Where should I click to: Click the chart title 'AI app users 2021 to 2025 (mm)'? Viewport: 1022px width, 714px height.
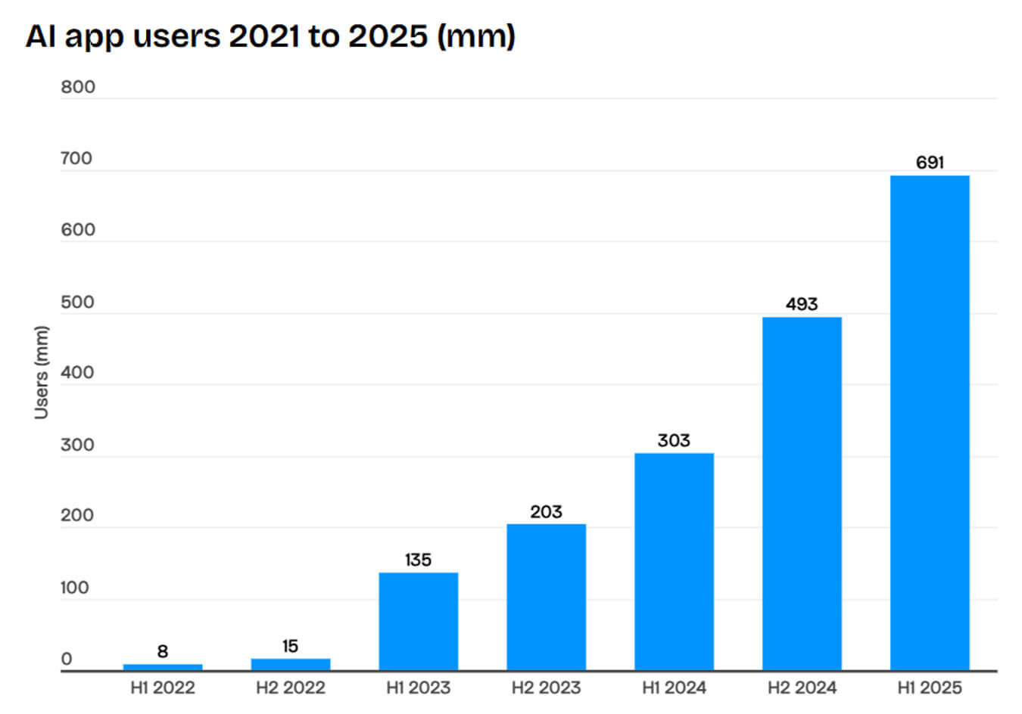(x=270, y=36)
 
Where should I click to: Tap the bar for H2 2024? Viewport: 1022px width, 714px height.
(x=801, y=493)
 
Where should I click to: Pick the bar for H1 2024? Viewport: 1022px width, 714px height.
(x=674, y=561)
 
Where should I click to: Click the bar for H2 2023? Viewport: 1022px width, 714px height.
(x=546, y=597)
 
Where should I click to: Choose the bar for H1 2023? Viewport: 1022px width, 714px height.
(x=418, y=621)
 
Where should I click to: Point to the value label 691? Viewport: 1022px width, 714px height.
(x=930, y=163)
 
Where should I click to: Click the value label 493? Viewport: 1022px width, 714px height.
(x=802, y=304)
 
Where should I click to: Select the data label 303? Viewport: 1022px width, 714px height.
(x=674, y=440)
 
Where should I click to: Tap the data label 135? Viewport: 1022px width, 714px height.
(x=418, y=560)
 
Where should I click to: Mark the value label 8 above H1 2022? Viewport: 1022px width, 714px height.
(x=163, y=651)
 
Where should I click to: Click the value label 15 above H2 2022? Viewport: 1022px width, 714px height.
(x=290, y=646)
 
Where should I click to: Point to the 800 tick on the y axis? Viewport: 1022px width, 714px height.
(x=78, y=87)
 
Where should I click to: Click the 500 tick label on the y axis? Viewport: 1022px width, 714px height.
(x=77, y=302)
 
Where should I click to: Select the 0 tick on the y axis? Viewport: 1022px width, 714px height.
(x=67, y=659)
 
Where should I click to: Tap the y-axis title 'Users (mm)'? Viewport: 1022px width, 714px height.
(x=41, y=372)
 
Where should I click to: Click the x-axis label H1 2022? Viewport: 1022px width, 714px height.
(x=163, y=688)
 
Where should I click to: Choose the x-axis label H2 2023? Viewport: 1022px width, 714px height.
(x=546, y=688)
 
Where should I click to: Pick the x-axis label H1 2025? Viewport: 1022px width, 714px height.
(x=930, y=688)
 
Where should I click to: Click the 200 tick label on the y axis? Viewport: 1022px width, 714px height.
(x=77, y=515)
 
